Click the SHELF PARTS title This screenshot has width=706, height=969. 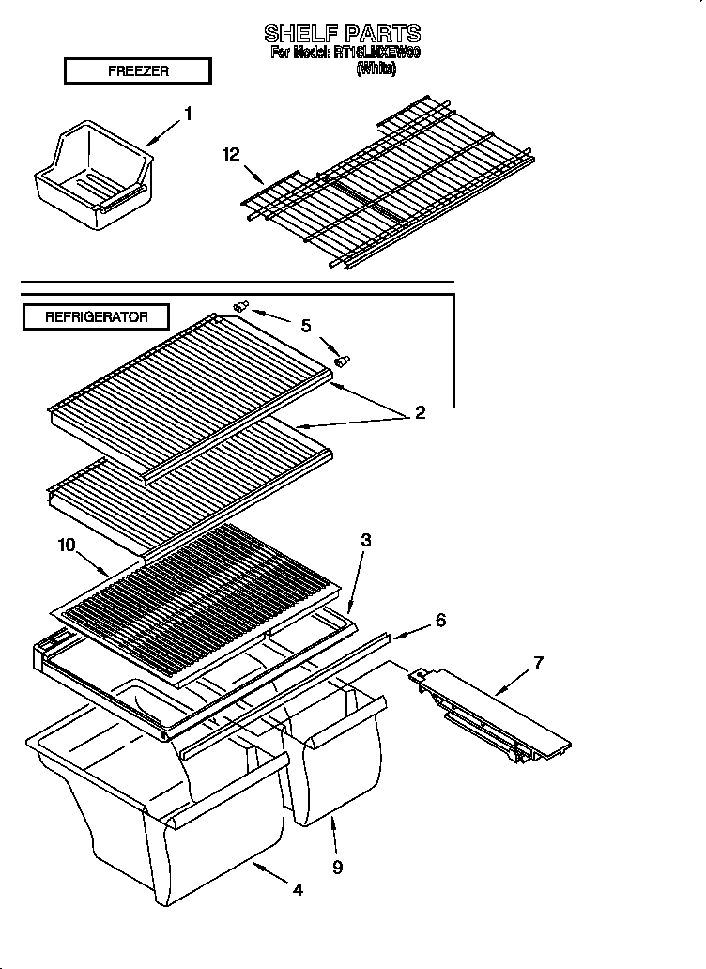click(342, 35)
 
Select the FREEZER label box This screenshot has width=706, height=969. click(137, 71)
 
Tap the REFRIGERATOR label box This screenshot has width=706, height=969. click(97, 317)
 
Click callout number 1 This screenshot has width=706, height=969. click(188, 114)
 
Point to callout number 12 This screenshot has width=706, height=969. click(231, 155)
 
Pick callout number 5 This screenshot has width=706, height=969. click(305, 326)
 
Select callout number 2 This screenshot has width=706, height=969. click(420, 412)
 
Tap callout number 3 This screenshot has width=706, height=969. click(366, 540)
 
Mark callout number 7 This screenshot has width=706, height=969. click(538, 663)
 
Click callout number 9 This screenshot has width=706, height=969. click(337, 867)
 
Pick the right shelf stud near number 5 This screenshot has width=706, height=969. click(342, 359)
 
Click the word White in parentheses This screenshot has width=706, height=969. click(376, 68)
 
